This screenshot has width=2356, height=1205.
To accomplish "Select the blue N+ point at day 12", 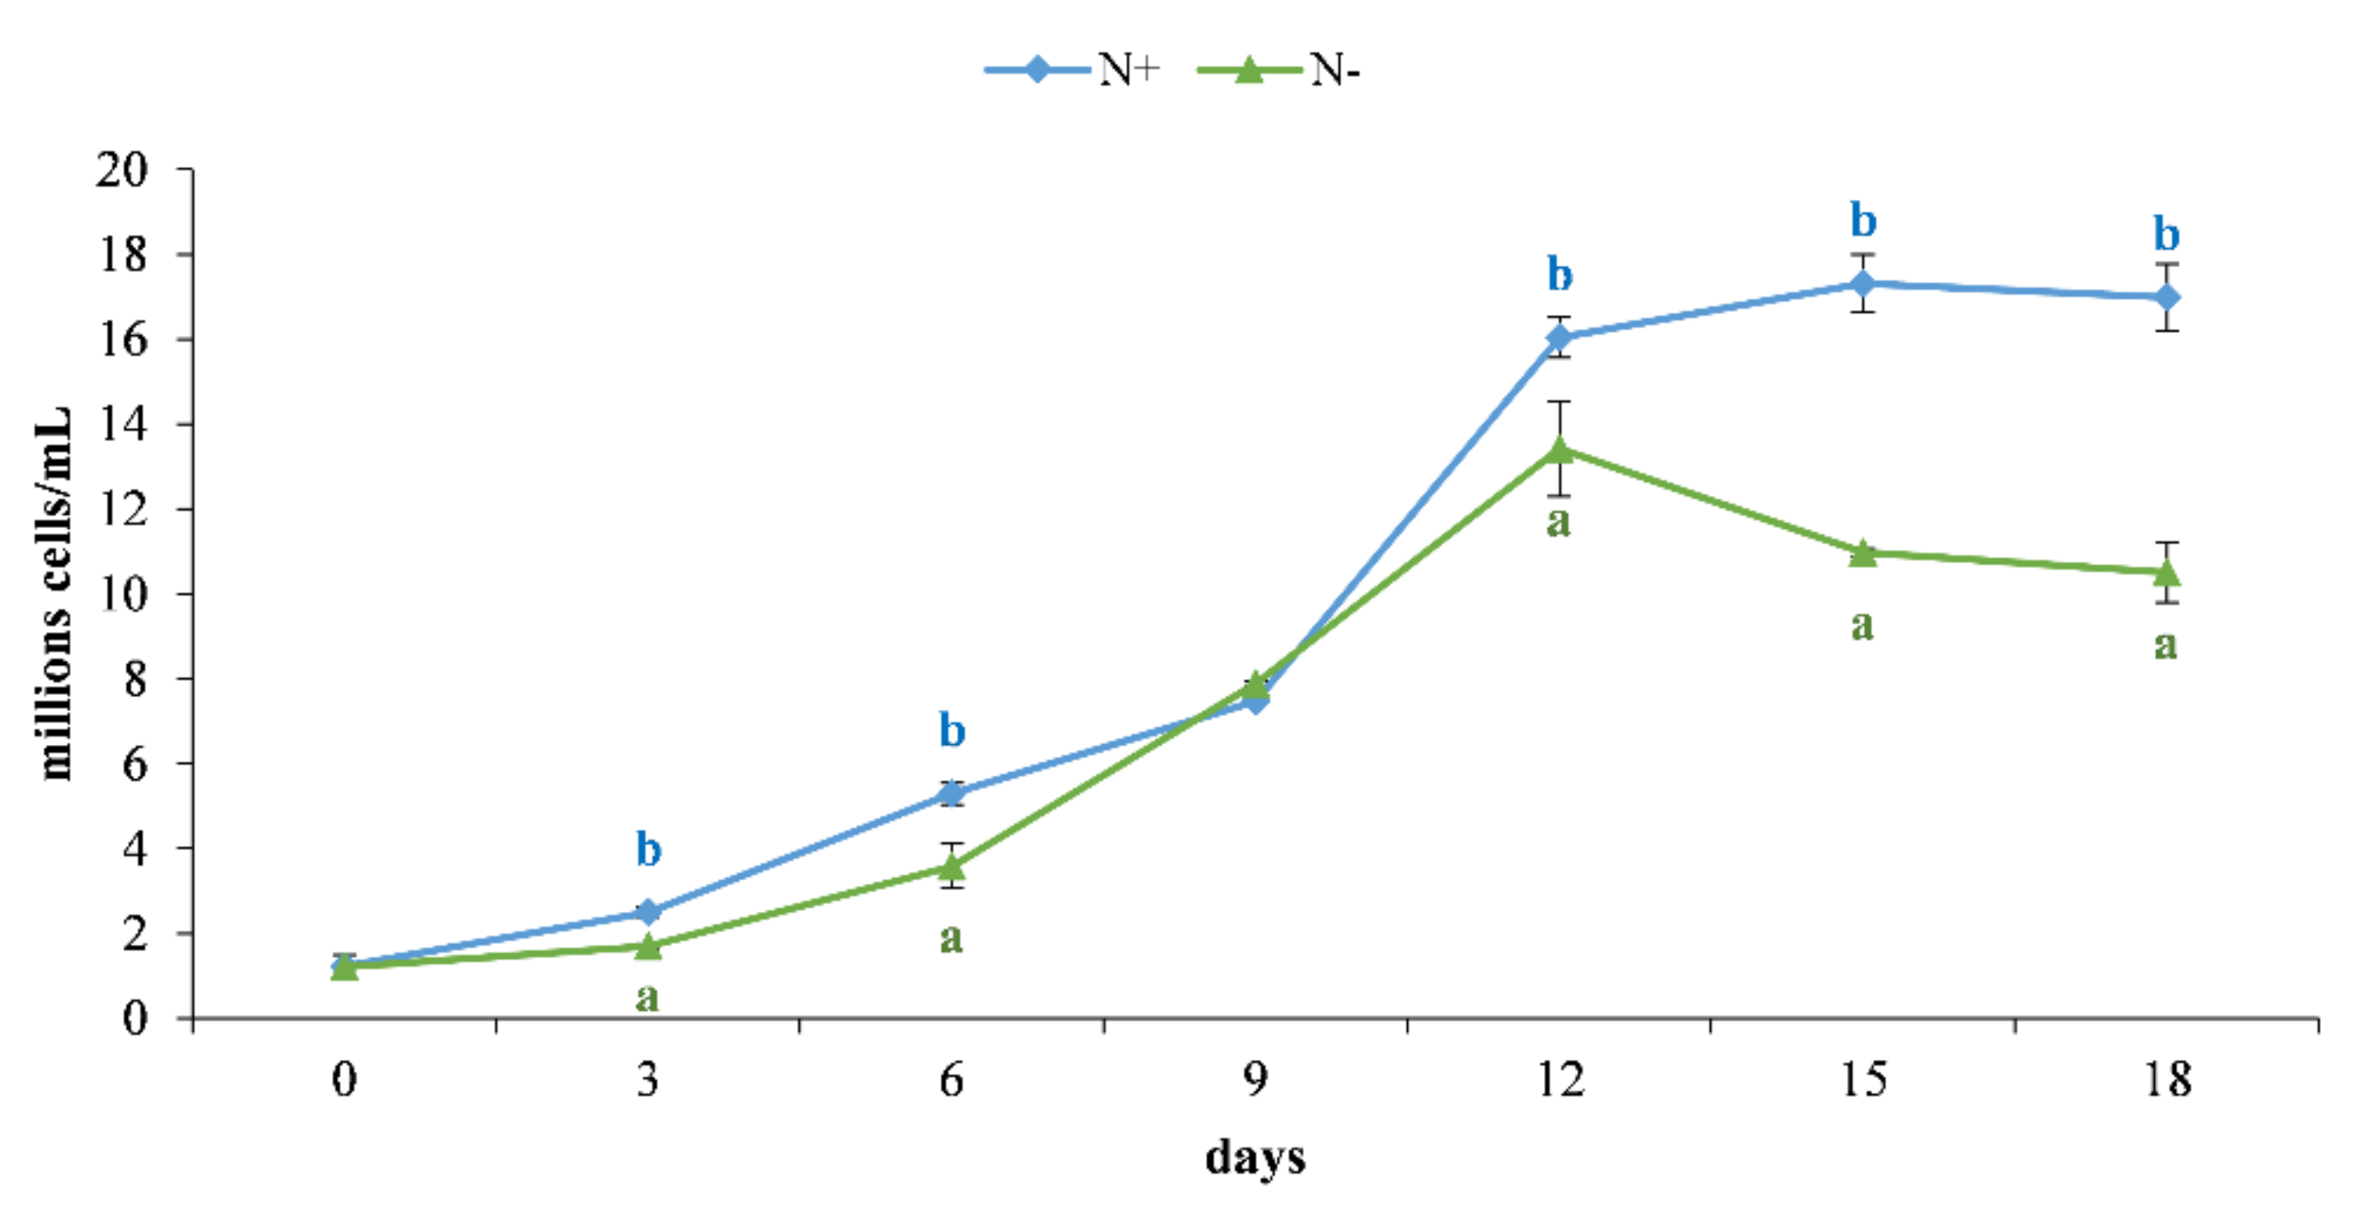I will click(1560, 337).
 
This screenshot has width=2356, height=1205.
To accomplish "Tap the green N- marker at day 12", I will click(1560, 450).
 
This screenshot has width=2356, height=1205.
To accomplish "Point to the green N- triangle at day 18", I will click(2167, 573).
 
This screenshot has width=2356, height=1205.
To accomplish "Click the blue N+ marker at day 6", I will click(952, 794).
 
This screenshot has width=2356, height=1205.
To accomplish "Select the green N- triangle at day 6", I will click(952, 865).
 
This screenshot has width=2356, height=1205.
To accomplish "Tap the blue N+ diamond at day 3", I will click(648, 911).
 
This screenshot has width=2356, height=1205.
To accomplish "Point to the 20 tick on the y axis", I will click(122, 171).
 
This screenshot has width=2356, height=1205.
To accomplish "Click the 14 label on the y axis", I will click(122, 425).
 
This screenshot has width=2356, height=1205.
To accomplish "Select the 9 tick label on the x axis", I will click(1255, 1079).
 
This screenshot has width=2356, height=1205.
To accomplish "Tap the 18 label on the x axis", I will click(2167, 1079).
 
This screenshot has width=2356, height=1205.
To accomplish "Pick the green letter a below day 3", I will click(648, 996).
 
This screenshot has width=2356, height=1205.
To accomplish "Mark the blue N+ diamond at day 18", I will click(2167, 298).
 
